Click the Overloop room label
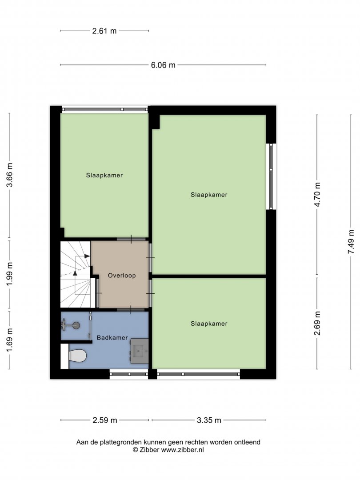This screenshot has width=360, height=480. tap(121, 276)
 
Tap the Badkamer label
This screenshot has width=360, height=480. tap(112, 338)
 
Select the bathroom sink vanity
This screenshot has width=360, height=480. tap(140, 351)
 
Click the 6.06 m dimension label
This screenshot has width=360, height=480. tap(163, 65)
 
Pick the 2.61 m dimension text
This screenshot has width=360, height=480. tap(104, 31)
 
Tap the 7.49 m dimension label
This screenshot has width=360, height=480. tap(351, 242)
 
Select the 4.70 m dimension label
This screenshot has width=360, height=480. tap(317, 194)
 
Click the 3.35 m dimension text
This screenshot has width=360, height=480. tap(209, 420)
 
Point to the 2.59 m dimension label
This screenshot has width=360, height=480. tap(105, 420)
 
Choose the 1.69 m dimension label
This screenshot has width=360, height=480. tap(9, 340)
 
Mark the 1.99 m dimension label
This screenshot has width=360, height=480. tap(9, 274)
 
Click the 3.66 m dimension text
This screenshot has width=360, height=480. tap(9, 175)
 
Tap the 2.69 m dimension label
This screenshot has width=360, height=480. tap(317, 323)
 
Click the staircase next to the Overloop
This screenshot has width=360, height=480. tap(75, 274)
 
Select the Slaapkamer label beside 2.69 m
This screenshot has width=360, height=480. tap(209, 324)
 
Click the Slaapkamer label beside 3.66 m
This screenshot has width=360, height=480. tap(104, 176)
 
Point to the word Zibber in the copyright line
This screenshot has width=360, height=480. tap(149, 450)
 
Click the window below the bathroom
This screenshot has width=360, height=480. tap(129, 374)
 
